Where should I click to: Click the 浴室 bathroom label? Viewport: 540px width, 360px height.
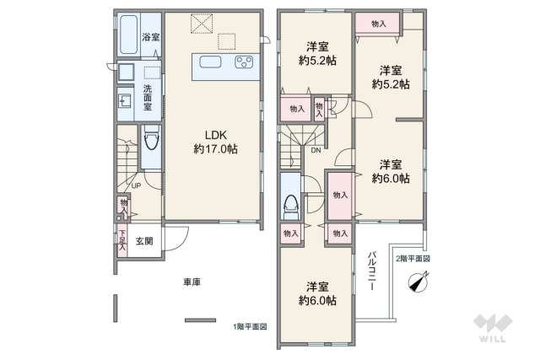tap(150, 37)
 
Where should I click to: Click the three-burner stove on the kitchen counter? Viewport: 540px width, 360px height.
tap(245, 62)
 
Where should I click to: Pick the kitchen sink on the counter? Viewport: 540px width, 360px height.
tap(209, 62)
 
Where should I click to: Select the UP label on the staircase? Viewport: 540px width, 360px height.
tap(136, 187)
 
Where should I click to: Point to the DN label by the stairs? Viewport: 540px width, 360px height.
tap(315, 151)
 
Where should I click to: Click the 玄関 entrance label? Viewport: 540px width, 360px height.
tap(144, 241)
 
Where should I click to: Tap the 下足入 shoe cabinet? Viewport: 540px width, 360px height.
tap(122, 241)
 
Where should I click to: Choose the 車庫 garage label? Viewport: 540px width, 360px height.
tap(191, 282)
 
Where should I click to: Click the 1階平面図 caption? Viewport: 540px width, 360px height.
tap(250, 325)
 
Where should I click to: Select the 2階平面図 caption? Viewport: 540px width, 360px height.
tap(413, 259)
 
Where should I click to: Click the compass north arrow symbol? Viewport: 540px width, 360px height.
tap(417, 282)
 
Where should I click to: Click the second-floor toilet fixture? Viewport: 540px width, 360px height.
tap(291, 204)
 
